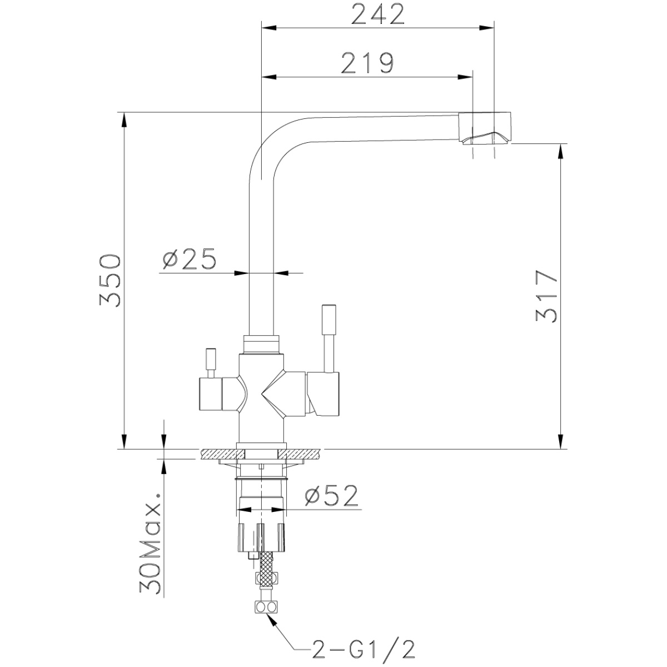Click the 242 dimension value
click(x=377, y=15)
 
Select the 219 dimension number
click(x=367, y=63)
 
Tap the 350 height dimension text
click(x=110, y=281)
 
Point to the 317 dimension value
click(x=546, y=297)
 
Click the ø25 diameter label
click(x=189, y=258)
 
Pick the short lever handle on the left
click(x=211, y=363)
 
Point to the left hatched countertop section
click(x=222, y=454)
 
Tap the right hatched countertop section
click(x=301, y=454)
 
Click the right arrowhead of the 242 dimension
click(x=486, y=27)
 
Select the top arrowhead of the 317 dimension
click(x=561, y=151)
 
